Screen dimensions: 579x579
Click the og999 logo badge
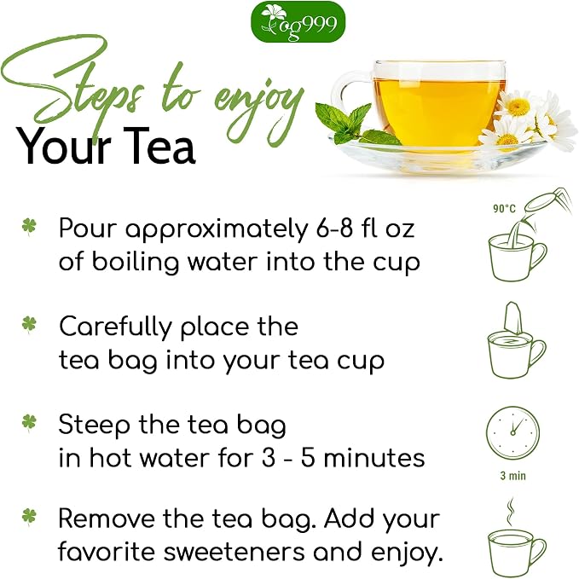point(298,21)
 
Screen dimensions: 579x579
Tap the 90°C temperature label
point(504,209)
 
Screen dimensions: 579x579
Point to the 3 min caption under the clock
point(512,476)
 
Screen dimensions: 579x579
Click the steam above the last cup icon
point(510,512)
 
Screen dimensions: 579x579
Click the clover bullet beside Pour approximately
point(29,226)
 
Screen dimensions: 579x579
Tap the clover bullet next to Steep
point(29,422)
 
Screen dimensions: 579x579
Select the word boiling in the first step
point(135,263)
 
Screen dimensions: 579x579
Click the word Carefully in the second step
point(116,327)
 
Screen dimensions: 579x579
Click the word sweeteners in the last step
point(234,553)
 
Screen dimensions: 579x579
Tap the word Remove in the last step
point(107,518)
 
